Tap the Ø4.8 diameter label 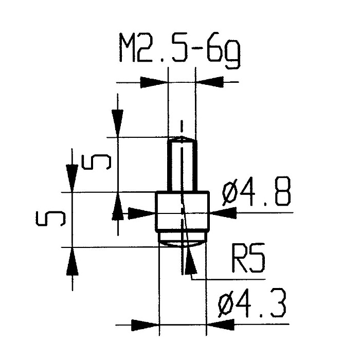pos(256,191)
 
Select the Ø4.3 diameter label pos(252,303)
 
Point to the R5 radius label pos(248,258)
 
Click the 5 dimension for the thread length pos(97,162)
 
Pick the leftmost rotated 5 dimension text pos(50,219)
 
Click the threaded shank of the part pos(182,165)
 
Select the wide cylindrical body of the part pos(182,211)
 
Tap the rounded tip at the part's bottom pos(182,240)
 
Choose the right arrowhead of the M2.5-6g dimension pos(209,82)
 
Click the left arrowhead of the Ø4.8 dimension pos(141,213)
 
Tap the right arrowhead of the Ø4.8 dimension pos(223,213)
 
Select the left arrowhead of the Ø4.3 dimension pos(145,325)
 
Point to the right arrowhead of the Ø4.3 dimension pos(221,325)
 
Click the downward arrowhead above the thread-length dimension pos(118,123)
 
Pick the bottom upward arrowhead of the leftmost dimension pos(73,261)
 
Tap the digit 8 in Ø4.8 pos(283,191)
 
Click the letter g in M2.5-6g pos(233,55)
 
